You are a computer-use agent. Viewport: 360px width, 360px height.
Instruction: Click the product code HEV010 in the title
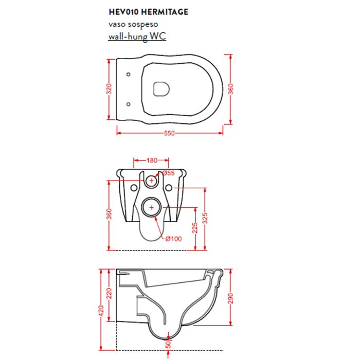click(123, 12)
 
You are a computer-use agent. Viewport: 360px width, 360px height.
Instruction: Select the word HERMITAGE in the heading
click(165, 12)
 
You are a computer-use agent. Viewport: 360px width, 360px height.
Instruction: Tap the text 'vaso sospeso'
click(133, 24)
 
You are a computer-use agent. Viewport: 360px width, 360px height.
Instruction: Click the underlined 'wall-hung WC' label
click(137, 37)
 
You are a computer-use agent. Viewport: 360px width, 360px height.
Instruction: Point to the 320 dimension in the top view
click(109, 89)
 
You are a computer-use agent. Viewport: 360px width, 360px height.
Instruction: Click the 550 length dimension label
click(169, 133)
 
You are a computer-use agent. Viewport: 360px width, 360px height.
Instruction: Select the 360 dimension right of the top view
click(230, 89)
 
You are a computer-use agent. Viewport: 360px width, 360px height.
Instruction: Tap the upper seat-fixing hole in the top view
click(129, 74)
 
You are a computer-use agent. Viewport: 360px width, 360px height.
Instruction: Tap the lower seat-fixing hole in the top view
click(129, 104)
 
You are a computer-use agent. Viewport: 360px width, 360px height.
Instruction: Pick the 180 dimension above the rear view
click(152, 160)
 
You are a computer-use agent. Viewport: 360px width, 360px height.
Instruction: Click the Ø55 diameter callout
click(169, 173)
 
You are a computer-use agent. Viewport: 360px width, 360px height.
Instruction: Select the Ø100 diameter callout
click(174, 239)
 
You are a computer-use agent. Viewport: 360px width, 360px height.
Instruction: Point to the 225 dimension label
click(195, 228)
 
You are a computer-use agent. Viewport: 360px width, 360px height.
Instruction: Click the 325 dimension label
click(205, 218)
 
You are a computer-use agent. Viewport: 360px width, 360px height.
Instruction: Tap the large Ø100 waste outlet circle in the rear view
click(152, 198)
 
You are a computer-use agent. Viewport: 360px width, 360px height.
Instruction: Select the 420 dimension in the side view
click(101, 311)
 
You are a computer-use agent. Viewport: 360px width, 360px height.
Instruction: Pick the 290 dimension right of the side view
click(230, 298)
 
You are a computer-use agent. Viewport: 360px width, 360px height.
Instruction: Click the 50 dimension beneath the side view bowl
click(168, 344)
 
